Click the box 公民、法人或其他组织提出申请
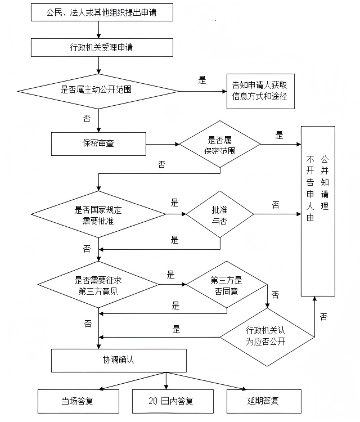click(102, 12)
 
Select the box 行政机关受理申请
click(102, 47)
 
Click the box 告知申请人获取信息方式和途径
click(260, 91)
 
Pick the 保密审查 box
click(98, 143)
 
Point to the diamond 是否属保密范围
click(219, 145)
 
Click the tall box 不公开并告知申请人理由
click(318, 210)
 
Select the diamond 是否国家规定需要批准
click(98, 214)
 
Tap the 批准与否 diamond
click(219, 214)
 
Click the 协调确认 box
click(119, 360)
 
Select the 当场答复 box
click(78, 401)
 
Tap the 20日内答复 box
click(165, 401)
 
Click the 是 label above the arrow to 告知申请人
click(202, 80)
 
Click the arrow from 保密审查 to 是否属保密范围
click(163, 144)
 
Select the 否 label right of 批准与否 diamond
click(276, 205)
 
